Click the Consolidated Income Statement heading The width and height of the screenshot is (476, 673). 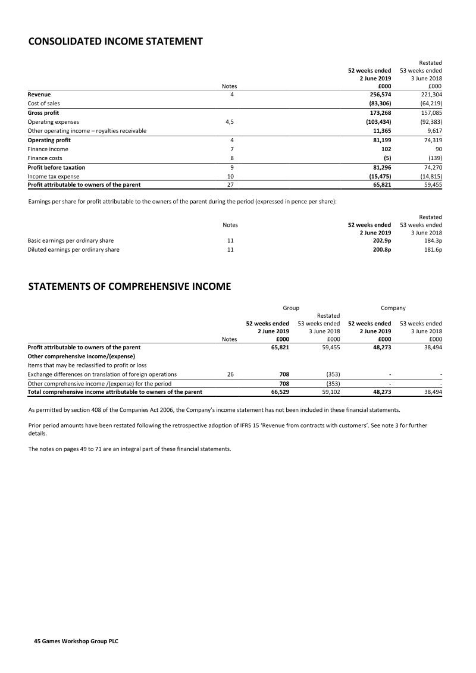click(x=115, y=42)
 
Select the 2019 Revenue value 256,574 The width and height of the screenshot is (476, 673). click(x=378, y=94)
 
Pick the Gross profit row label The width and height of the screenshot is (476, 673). click(x=43, y=112)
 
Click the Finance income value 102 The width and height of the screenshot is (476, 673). click(x=386, y=149)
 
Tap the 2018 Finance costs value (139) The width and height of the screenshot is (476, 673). click(x=434, y=158)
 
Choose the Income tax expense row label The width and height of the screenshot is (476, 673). click(x=54, y=177)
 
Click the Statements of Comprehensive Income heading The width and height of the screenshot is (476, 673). click(x=129, y=287)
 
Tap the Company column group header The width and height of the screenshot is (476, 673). click(x=393, y=308)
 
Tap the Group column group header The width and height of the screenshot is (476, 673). click(x=290, y=308)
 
